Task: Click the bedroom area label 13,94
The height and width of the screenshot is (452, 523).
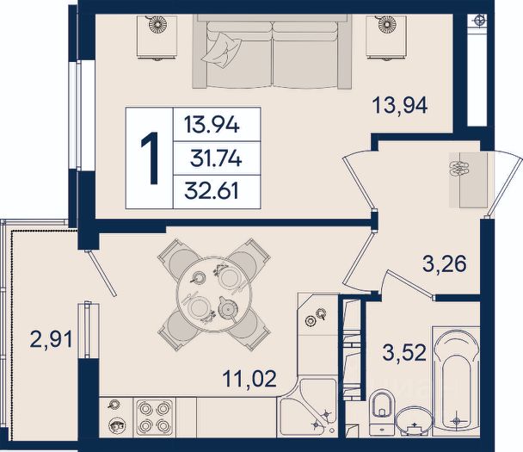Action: tap(400, 105)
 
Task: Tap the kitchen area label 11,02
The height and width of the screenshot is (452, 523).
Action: tap(249, 379)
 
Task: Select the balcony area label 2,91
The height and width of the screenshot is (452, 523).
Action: tap(51, 340)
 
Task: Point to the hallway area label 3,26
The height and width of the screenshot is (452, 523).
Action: tap(445, 264)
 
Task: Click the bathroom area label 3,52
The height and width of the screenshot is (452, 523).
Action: tap(404, 352)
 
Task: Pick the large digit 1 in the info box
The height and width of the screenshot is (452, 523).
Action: tap(150, 158)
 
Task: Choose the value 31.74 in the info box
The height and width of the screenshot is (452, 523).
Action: tap(216, 158)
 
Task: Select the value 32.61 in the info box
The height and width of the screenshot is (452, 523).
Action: tap(212, 191)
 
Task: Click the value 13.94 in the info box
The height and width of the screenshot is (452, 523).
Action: tap(212, 126)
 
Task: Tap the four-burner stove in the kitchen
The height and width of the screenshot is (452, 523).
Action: tap(154, 418)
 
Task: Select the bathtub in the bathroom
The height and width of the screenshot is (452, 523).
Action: tap(456, 381)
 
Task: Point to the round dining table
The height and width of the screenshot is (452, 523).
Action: tap(214, 294)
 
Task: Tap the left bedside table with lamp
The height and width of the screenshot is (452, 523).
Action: tap(157, 37)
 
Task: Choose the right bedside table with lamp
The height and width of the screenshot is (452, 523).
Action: tap(386, 37)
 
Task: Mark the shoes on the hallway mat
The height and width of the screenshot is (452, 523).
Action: tap(459, 169)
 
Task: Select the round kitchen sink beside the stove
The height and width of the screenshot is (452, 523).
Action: tap(117, 426)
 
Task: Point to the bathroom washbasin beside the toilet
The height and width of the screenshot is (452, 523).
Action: tap(414, 421)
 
